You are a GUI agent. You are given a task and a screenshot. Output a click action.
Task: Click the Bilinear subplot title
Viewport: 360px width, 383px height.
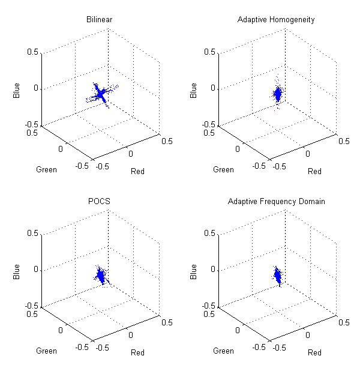(100, 20)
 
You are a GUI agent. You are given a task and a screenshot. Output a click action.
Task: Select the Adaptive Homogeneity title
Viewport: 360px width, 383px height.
(276, 20)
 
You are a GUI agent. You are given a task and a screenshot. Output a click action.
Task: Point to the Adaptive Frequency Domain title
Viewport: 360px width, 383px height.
(276, 201)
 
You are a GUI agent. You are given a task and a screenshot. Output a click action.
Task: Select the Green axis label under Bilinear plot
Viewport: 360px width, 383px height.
(47, 169)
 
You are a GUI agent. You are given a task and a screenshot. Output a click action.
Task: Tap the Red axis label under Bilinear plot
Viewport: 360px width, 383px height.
(137, 172)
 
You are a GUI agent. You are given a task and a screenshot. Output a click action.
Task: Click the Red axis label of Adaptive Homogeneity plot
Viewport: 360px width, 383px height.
(314, 172)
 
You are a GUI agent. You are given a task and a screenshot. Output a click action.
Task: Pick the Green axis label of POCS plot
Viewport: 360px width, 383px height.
(47, 351)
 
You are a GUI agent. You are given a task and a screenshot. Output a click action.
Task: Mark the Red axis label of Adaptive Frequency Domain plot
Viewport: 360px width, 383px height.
(314, 353)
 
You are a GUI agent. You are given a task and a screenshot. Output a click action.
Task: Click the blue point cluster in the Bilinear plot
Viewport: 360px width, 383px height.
(101, 94)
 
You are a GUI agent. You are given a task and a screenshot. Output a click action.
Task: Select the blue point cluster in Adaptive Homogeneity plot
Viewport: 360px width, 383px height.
(278, 94)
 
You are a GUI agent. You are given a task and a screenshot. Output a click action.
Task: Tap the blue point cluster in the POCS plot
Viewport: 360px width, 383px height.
(101, 276)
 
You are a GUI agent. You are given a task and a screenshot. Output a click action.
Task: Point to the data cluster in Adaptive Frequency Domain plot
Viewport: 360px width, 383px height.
(278, 276)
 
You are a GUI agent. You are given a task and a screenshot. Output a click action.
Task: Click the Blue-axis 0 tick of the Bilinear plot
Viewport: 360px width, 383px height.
(35, 88)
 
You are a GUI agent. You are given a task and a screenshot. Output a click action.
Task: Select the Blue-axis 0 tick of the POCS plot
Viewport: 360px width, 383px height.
(35, 270)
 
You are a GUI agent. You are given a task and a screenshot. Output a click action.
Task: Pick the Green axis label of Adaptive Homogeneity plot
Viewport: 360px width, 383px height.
(223, 169)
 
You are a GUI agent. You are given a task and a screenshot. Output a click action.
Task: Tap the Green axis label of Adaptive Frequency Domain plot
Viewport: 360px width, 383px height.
(223, 351)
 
